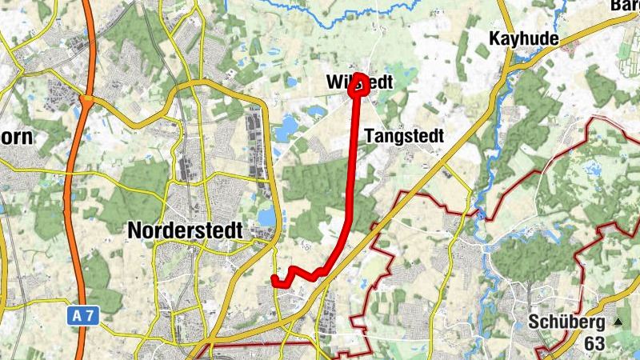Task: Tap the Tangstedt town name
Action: click(403, 136)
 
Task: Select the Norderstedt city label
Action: click(185, 230)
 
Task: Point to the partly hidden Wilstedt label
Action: click(361, 82)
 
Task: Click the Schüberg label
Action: click(566, 322)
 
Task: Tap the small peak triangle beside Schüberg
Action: click(617, 322)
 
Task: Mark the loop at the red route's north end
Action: click(359, 85)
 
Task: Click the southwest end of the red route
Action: click(274, 279)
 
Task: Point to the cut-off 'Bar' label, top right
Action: click(626, 5)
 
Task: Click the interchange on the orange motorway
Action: click(86, 102)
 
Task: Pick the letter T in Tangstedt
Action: click(370, 136)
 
